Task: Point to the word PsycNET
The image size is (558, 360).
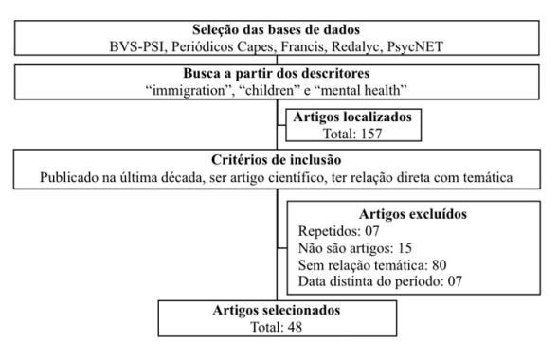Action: coord(416,46)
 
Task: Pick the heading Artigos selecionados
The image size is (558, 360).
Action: coord(274,310)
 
